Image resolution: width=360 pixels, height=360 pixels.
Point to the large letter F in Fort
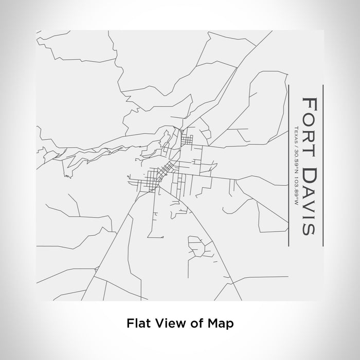[x=310, y=101]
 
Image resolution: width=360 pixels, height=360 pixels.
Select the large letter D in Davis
[x=310, y=171]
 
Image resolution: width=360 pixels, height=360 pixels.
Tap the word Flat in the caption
[x=137, y=324]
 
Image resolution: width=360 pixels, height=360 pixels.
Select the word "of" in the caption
[x=194, y=324]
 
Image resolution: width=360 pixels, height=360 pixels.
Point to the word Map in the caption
[x=219, y=324]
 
